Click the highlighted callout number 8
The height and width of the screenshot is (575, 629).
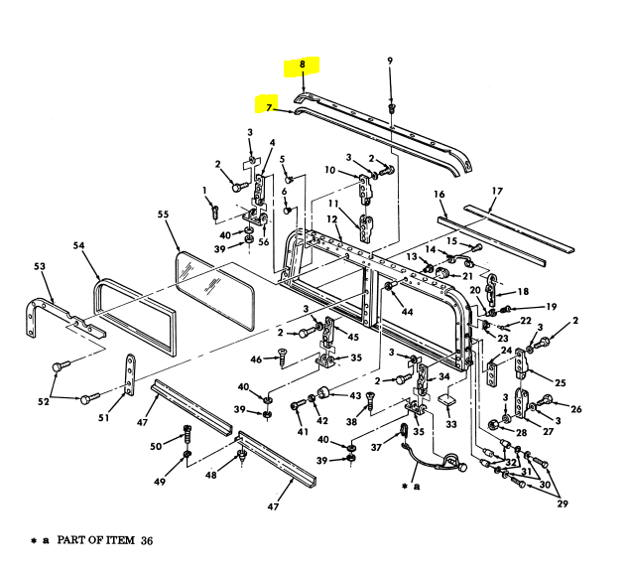pyautogui.click(x=303, y=66)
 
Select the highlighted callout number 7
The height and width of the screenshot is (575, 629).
pyautogui.click(x=267, y=104)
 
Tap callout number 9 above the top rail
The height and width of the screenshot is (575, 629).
pyautogui.click(x=390, y=61)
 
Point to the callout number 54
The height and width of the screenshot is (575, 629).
pyautogui.click(x=79, y=245)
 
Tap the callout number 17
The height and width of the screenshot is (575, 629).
pyautogui.click(x=497, y=191)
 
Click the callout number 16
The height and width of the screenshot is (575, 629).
pyautogui.click(x=439, y=196)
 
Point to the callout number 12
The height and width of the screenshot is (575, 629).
pyautogui.click(x=332, y=220)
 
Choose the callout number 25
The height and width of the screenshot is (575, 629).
pyautogui.click(x=560, y=381)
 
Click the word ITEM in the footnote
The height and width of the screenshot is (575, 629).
pyautogui.click(x=116, y=540)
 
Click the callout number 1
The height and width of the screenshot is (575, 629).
pyautogui.click(x=204, y=190)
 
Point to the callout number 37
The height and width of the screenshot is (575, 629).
pyautogui.click(x=375, y=447)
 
